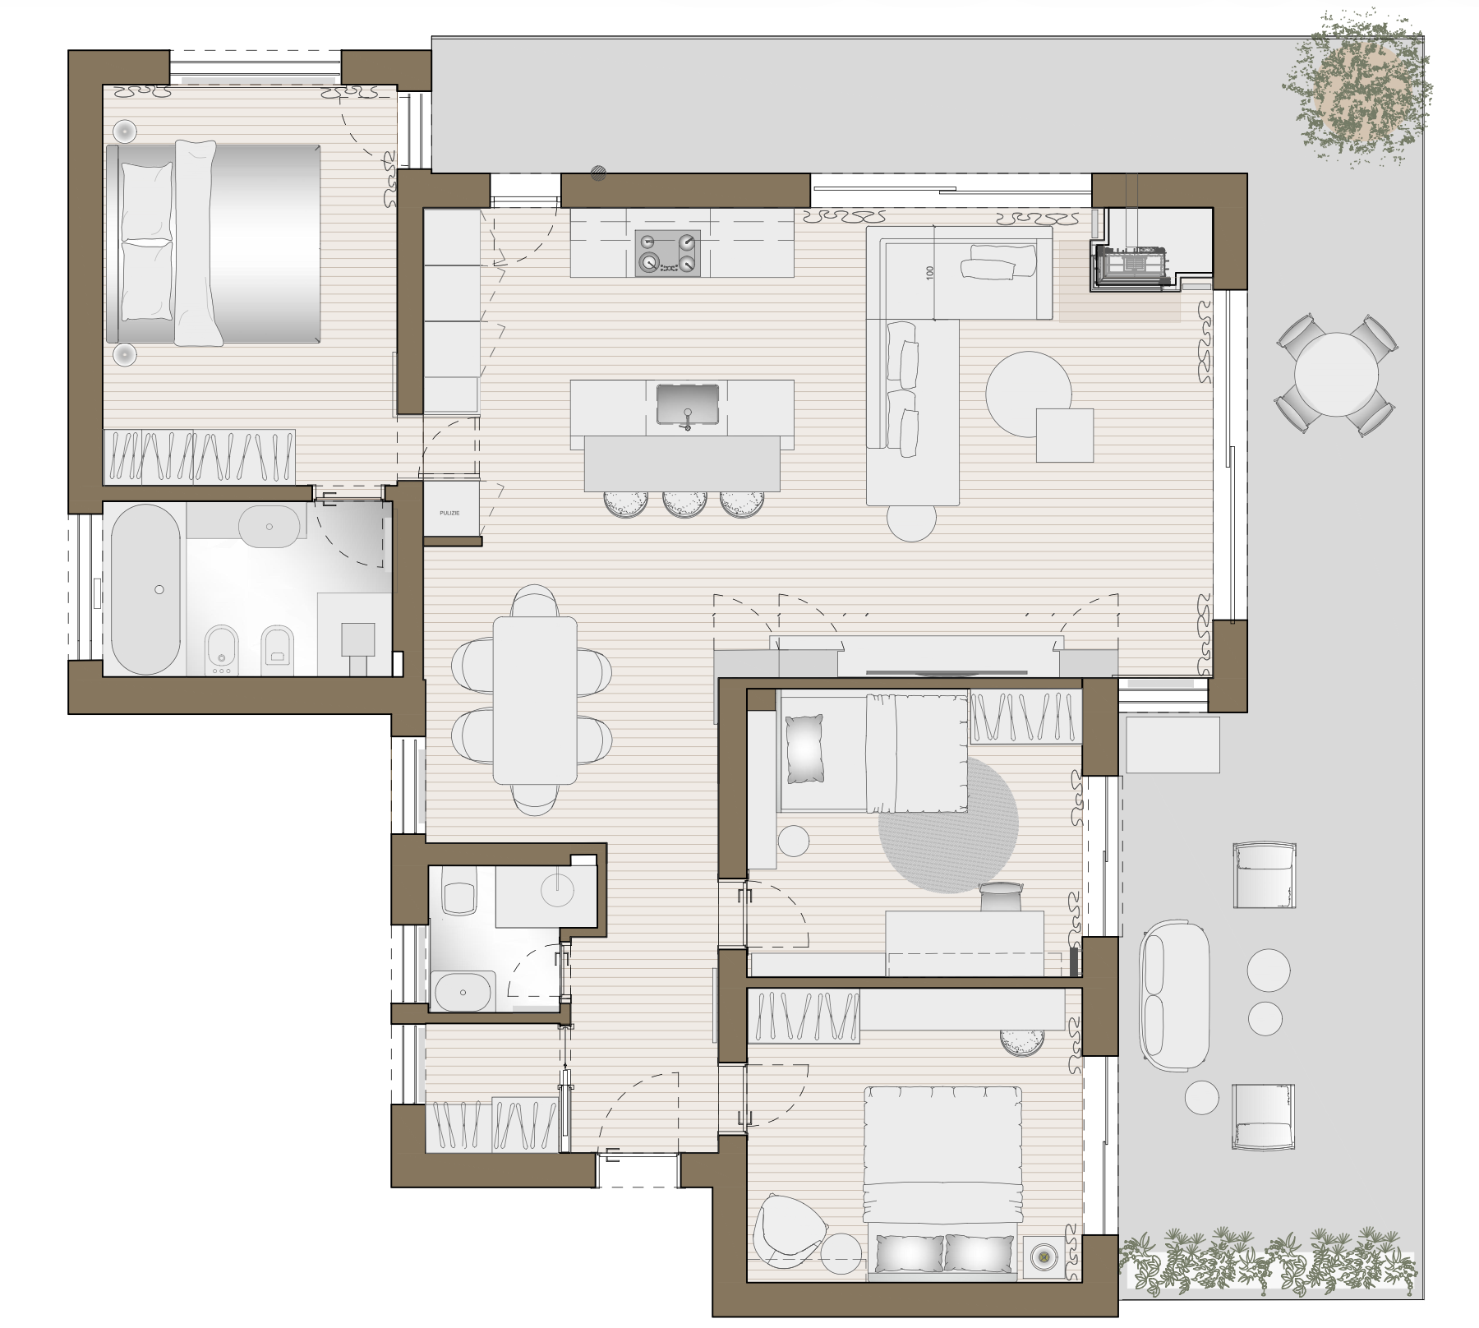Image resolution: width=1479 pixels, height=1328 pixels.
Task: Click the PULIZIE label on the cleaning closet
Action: click(x=450, y=513)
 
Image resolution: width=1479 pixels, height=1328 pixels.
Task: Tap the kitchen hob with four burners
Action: click(x=667, y=253)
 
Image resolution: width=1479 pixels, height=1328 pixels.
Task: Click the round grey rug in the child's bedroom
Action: click(x=948, y=823)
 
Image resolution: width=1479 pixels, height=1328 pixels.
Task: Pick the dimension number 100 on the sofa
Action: click(x=930, y=272)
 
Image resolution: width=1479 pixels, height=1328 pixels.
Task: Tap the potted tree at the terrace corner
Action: click(x=1357, y=90)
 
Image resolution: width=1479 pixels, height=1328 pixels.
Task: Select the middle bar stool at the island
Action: click(x=684, y=503)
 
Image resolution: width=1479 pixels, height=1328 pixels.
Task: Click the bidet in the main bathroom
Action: click(x=219, y=649)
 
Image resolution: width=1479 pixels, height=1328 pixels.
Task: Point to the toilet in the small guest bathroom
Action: click(x=459, y=892)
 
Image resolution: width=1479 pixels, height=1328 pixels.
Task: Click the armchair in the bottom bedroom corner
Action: click(x=790, y=1225)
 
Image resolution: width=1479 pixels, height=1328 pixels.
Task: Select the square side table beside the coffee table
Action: click(x=1064, y=435)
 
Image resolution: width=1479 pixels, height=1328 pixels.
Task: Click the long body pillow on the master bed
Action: click(x=197, y=242)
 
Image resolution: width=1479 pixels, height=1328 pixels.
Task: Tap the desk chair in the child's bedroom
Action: click(x=1001, y=896)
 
